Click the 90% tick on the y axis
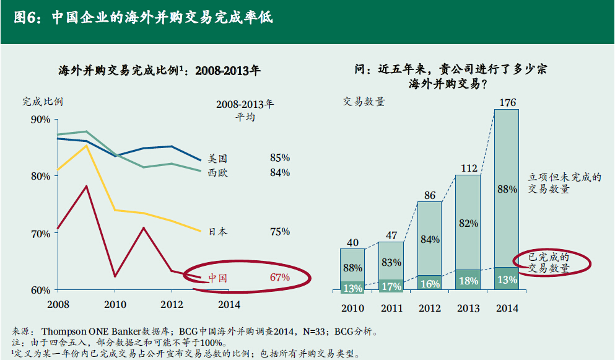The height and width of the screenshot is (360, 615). (40, 119)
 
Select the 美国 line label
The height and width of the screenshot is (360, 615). (218, 159)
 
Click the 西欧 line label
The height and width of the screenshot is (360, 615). (218, 173)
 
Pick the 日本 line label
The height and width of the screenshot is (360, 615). (217, 232)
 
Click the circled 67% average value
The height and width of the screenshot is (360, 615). (280, 277)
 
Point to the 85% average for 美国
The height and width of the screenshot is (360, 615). (280, 158)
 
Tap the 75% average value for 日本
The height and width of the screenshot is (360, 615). (280, 232)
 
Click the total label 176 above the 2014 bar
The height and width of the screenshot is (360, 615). (507, 103)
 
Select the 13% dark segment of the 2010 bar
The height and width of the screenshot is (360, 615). (352, 288)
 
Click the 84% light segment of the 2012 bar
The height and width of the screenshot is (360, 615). (430, 240)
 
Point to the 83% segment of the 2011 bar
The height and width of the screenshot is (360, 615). (391, 262)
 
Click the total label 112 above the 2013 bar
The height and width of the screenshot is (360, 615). (468, 168)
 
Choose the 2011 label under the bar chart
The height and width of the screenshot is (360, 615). (391, 308)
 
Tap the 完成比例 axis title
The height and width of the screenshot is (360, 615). (42, 102)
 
